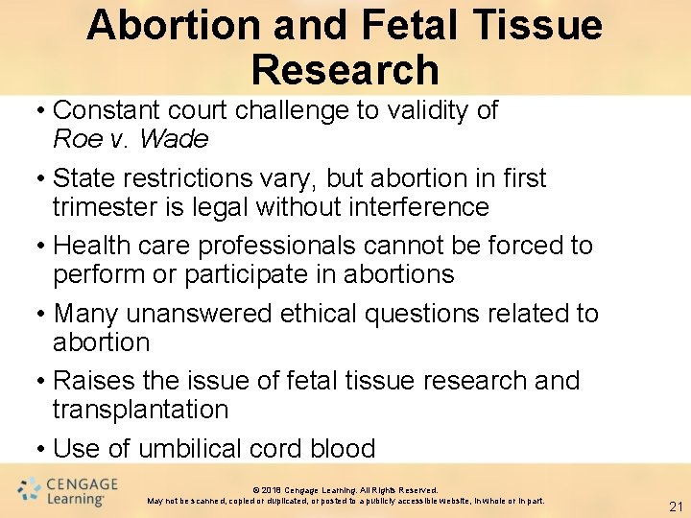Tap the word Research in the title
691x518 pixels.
pos(345,70)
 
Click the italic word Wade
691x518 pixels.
pos(174,140)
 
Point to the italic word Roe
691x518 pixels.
pos(77,140)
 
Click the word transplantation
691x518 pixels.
pos(140,410)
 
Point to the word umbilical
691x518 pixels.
pos(190,449)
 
